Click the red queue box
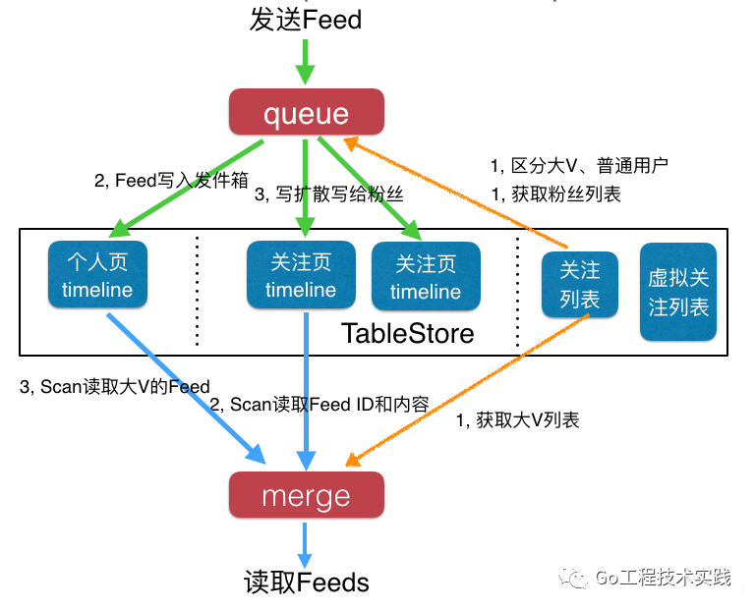pyautogui.click(x=306, y=113)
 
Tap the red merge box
pyautogui.click(x=306, y=495)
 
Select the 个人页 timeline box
pyautogui.click(x=97, y=276)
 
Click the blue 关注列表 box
pyautogui.click(x=580, y=284)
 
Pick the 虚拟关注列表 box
pyautogui.click(x=678, y=293)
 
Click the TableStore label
pyautogui.click(x=407, y=333)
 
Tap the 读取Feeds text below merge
pyautogui.click(x=306, y=582)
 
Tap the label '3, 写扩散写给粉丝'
pyautogui.click(x=328, y=194)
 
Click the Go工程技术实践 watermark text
pyautogui.click(x=664, y=578)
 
